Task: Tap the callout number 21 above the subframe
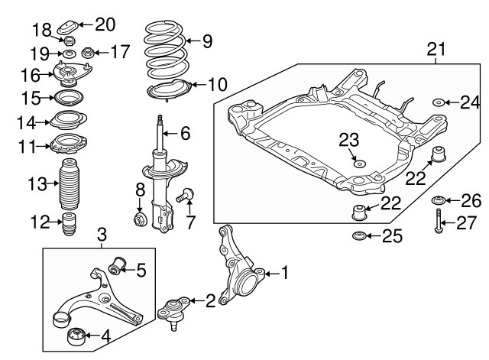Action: (x=435, y=50)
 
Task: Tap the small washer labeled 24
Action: (x=440, y=102)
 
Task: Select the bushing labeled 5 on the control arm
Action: (x=118, y=267)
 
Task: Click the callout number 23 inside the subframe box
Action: (x=348, y=138)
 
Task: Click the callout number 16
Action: (x=30, y=75)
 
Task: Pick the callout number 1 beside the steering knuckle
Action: (x=285, y=271)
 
